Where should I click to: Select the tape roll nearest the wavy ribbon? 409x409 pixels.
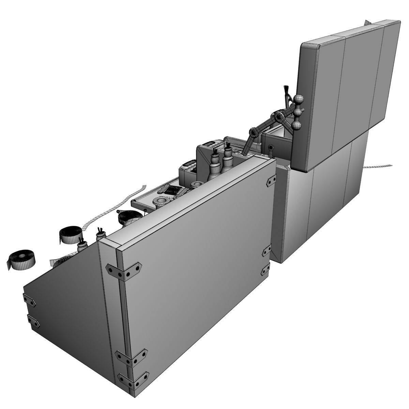click(71, 234)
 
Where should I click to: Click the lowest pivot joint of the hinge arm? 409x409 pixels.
click(253, 131)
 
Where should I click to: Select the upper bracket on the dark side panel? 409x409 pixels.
click(30, 301)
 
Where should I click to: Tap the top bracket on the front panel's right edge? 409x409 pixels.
click(271, 181)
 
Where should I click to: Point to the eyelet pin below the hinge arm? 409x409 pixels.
click(271, 147)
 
